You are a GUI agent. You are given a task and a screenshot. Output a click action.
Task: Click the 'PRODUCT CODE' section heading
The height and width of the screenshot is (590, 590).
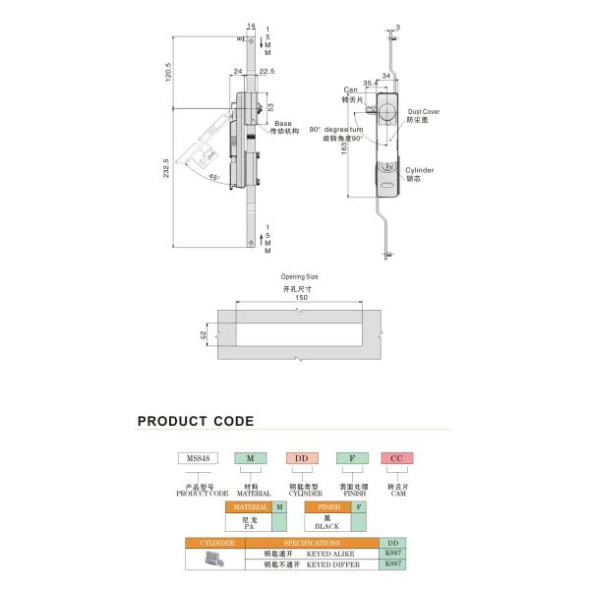(x=195, y=422)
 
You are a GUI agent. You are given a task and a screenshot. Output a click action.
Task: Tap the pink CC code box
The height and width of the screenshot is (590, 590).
(x=394, y=458)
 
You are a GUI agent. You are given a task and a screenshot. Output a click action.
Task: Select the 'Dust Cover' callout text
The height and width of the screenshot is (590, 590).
(x=424, y=112)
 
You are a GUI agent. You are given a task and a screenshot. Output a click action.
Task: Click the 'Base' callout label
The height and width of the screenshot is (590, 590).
(x=282, y=124)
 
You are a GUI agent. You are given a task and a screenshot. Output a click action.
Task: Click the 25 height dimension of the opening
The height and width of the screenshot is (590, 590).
(x=205, y=335)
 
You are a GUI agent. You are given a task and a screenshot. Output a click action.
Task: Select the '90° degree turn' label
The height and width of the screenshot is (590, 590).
(x=334, y=130)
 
